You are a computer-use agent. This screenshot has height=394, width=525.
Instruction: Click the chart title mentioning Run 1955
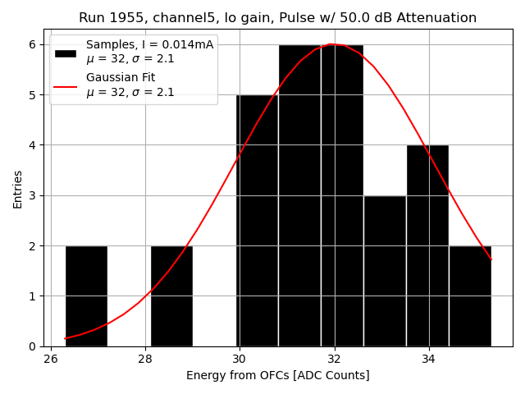tap(277, 18)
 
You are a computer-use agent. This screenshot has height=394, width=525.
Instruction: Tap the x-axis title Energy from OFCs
tap(277, 376)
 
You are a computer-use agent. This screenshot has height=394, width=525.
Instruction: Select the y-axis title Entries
tap(18, 189)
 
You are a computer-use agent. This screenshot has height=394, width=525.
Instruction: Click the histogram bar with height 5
tap(257, 222)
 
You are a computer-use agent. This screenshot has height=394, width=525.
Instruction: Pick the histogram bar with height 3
tap(385, 271)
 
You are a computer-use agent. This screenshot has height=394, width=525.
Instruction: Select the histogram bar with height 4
tap(427, 246)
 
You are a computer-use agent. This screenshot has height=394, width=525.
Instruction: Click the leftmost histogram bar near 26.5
tap(86, 295)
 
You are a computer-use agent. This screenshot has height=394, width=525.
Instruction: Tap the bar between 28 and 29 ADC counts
tap(171, 295)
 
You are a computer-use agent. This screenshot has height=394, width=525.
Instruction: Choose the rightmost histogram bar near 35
tap(470, 295)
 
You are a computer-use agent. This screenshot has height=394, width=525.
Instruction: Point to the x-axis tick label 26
tap(51, 360)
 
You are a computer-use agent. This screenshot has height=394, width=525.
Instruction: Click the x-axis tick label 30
tap(240, 360)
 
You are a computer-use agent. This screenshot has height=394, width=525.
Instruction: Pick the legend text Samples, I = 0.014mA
tap(149, 45)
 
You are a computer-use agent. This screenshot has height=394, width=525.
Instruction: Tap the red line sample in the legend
tap(66, 85)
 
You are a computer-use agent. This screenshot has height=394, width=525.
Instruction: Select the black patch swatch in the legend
tap(66, 53)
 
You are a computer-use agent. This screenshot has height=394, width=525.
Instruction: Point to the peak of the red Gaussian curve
tap(331, 44)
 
